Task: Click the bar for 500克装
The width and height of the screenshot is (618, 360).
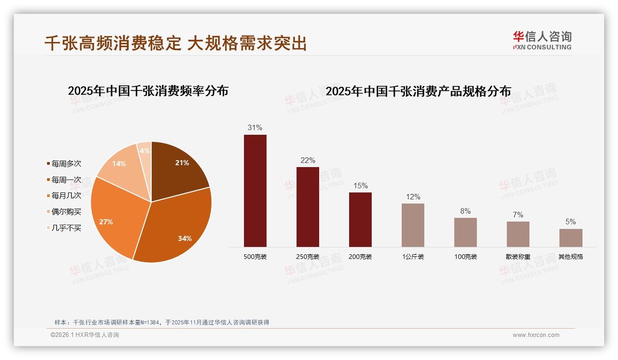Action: click(x=255, y=191)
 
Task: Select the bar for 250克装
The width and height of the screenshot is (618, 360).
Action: click(x=308, y=207)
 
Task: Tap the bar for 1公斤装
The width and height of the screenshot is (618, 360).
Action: click(x=413, y=225)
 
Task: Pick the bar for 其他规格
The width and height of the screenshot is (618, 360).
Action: click(x=570, y=238)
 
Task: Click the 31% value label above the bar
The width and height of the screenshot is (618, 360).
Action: click(x=255, y=128)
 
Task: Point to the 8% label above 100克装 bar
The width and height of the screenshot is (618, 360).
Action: click(x=465, y=211)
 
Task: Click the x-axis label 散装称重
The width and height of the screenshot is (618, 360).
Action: click(x=518, y=257)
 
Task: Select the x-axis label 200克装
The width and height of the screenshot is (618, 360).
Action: click(x=360, y=257)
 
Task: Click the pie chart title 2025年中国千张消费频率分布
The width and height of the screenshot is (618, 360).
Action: click(x=148, y=91)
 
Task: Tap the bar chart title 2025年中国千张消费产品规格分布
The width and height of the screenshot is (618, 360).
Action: click(x=418, y=91)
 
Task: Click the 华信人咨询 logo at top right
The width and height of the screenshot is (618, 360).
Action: click(x=542, y=40)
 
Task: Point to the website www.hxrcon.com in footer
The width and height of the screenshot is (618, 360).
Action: click(x=536, y=335)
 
